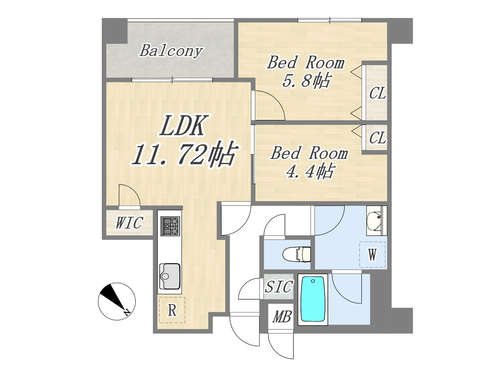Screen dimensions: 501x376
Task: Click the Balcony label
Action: point(171,51)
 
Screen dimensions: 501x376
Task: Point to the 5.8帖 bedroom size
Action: point(306,81)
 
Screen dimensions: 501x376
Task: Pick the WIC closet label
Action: point(130,222)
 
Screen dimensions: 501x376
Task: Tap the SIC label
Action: point(278,287)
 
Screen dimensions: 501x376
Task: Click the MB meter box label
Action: point(282,317)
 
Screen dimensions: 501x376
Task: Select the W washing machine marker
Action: point(372,255)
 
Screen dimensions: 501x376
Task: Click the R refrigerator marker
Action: point(172,311)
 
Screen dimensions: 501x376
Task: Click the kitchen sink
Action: point(170,277)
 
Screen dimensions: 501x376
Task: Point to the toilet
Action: point(297,254)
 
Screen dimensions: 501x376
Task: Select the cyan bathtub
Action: point(313,300)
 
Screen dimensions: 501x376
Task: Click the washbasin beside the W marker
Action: point(377,221)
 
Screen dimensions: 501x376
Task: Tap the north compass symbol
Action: point(117,301)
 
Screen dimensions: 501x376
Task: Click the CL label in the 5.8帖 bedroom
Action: point(377,93)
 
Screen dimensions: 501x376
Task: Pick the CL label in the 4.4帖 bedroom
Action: point(377,137)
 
